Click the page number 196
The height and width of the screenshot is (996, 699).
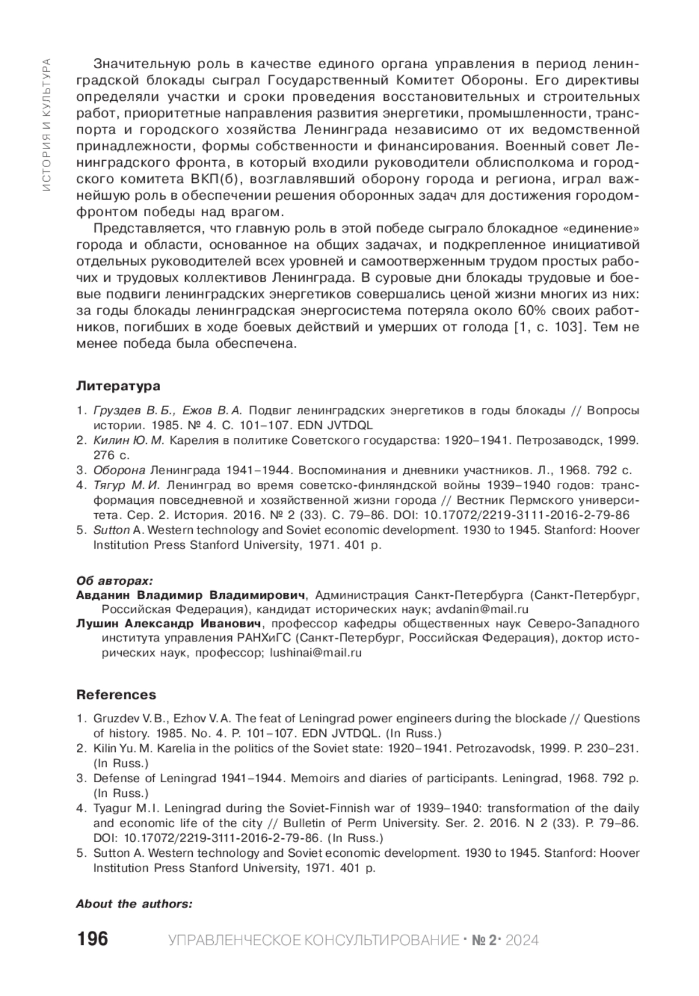click(92, 940)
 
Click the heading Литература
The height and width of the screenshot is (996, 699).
click(118, 386)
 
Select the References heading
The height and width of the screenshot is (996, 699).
click(116, 695)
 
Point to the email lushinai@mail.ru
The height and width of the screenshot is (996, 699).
click(316, 653)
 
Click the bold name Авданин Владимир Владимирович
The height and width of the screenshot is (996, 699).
click(191, 595)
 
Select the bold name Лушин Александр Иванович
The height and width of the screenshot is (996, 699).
click(168, 624)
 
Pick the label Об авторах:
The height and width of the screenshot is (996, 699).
click(115, 581)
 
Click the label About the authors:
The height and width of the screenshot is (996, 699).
click(134, 904)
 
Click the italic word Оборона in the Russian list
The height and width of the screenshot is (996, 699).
click(119, 470)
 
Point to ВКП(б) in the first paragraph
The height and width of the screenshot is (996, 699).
click(209, 176)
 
